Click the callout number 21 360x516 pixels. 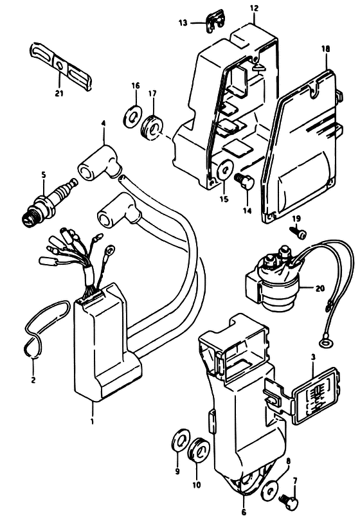59,93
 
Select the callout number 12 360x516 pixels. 254,8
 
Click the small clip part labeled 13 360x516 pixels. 215,23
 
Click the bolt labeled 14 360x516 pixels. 244,181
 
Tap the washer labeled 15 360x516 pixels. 224,170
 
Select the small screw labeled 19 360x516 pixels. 298,233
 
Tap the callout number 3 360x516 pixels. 313,357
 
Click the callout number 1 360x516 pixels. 93,420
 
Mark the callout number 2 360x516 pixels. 33,380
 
